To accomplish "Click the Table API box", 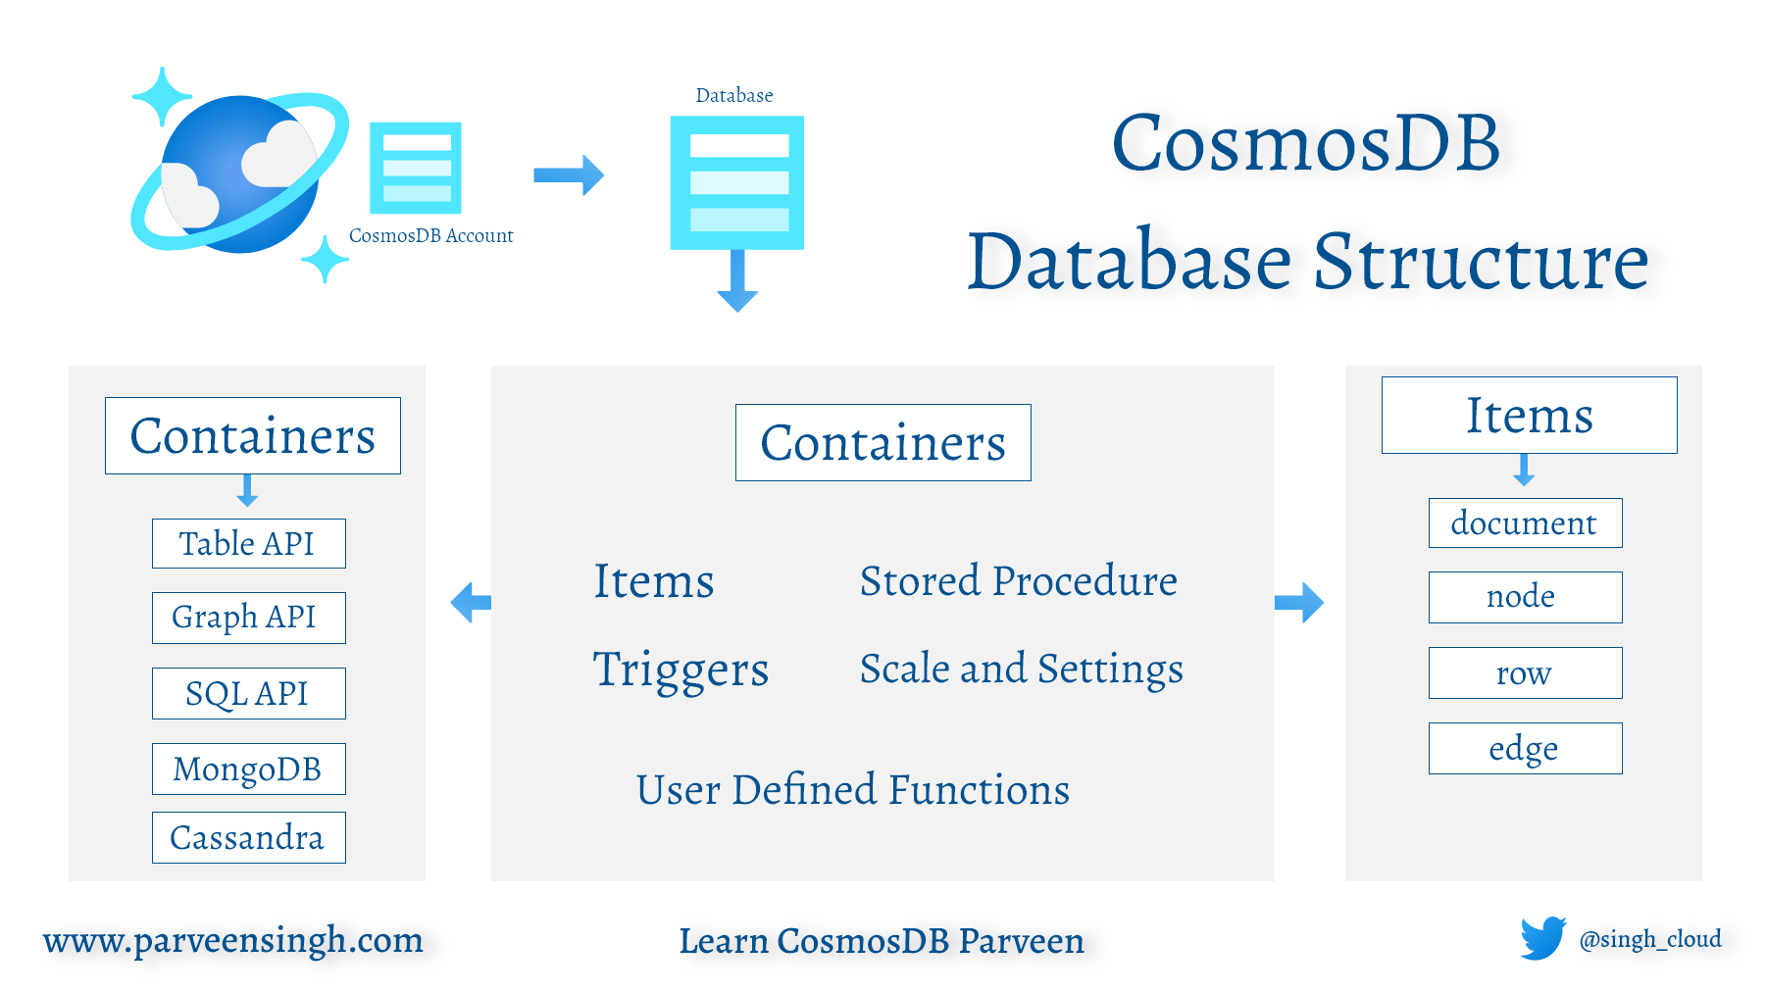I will (x=248, y=543).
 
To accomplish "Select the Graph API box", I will (x=248, y=618).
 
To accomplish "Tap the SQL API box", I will (x=248, y=693).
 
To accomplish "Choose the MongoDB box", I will (x=248, y=769).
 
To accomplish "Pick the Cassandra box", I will (x=248, y=837).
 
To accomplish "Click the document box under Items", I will (x=1525, y=522).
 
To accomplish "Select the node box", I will (x=1525, y=597).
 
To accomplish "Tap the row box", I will (x=1525, y=672).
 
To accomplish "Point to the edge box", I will (x=1525, y=748).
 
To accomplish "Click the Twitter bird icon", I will (x=1543, y=938).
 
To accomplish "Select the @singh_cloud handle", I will (x=1650, y=939).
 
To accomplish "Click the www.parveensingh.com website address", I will (x=233, y=940).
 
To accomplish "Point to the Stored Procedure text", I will (x=1018, y=580).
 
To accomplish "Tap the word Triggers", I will (x=681, y=670).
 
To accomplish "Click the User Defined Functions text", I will (x=852, y=789).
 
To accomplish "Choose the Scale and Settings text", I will (x=1021, y=669).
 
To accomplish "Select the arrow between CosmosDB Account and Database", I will (x=569, y=175).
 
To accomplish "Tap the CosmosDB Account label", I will (x=430, y=235).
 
